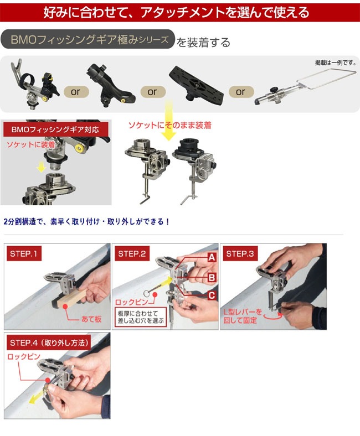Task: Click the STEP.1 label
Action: point(24,253)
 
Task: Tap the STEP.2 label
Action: point(132,253)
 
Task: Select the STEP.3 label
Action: point(240,253)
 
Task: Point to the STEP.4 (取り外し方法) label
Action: point(49,342)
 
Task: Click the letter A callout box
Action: point(212,257)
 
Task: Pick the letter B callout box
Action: point(212,277)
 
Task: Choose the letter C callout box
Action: point(212,295)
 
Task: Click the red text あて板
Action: point(91,319)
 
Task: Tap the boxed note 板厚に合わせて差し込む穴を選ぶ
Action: point(141,317)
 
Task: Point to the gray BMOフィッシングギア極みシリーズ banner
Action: point(88,39)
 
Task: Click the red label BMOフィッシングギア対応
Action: point(56,129)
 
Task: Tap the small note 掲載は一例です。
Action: point(336,63)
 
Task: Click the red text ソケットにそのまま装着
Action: point(169,125)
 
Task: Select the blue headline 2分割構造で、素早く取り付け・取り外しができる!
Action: point(86,222)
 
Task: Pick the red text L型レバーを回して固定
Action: point(243,316)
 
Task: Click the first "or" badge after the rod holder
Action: point(76,92)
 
